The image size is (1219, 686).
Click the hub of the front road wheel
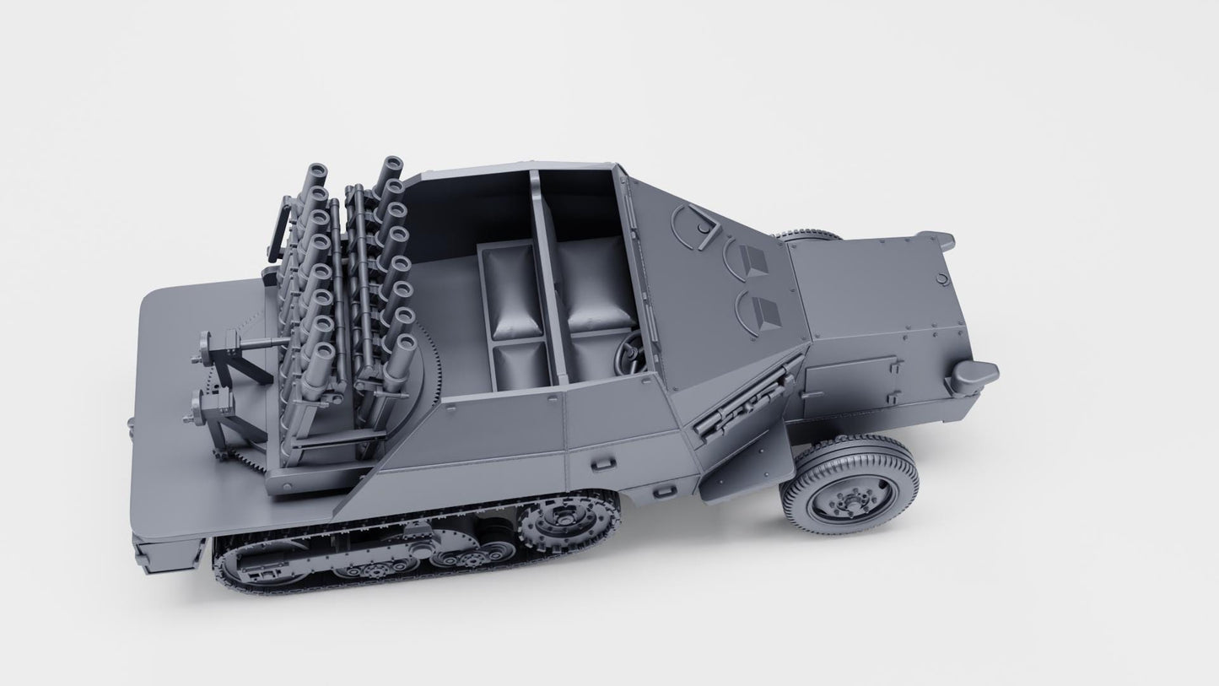pos(846,503)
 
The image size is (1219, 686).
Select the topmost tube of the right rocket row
pos(392,165)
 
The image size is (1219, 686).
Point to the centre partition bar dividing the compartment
pos(544,278)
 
